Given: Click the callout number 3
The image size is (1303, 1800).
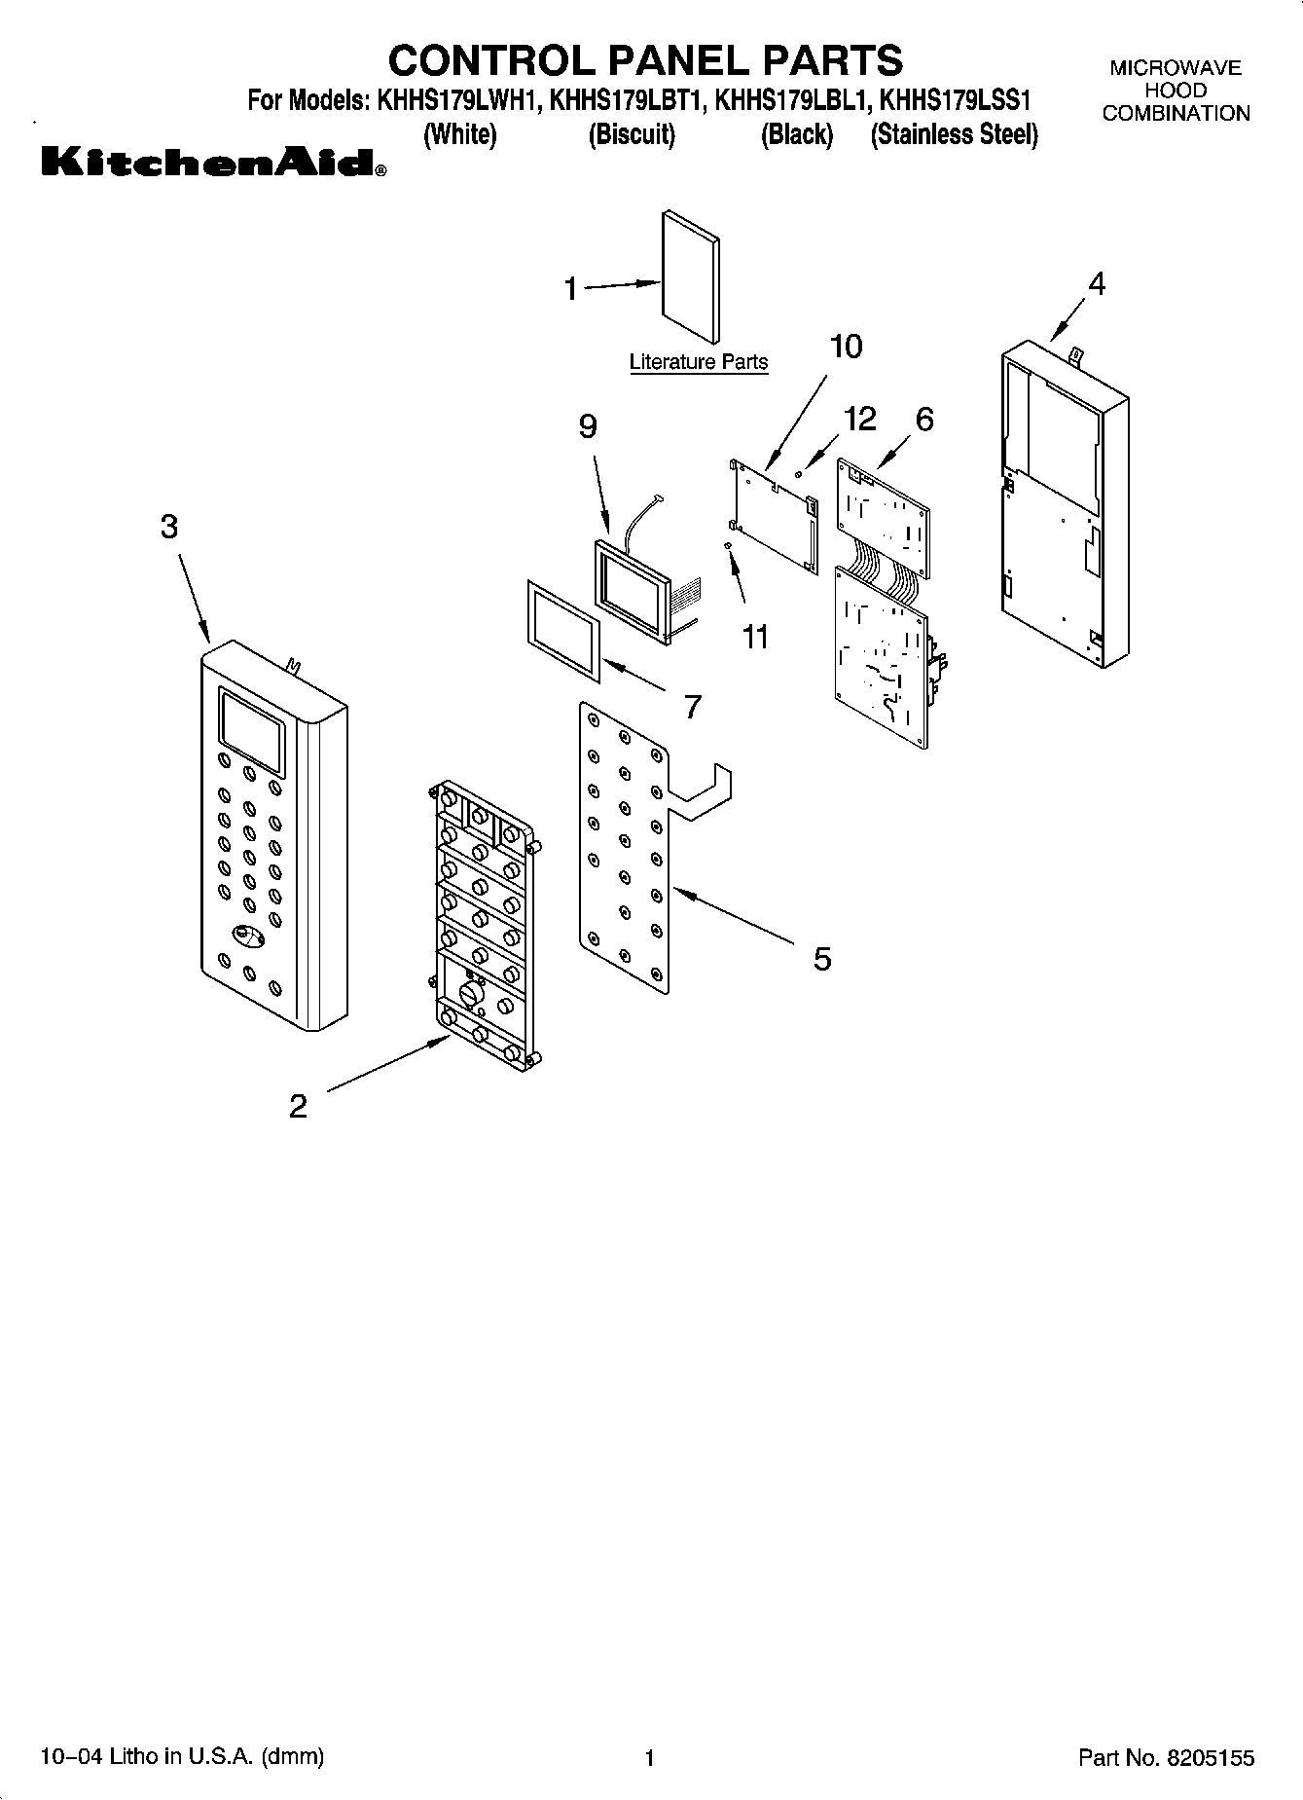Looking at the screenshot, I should point(169,528).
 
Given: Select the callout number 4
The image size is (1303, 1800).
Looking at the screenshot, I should point(1097,284).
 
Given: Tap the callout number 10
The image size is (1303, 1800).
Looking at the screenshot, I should point(846,347).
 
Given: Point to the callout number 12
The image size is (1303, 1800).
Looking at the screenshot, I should point(860,419).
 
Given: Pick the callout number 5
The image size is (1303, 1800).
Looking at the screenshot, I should point(822,959).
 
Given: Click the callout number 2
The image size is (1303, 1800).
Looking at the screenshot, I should point(299,1106).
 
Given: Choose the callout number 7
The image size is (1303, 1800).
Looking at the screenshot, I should point(692,707).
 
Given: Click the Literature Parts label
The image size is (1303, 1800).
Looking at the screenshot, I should point(698,362).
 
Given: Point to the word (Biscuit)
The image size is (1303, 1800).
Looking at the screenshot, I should point(632,134).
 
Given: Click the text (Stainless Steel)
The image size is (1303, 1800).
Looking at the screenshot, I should point(954,134).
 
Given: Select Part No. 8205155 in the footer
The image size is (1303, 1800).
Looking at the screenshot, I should point(1166,1757).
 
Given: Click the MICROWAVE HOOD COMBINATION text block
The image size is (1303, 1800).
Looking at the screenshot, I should point(1176,91).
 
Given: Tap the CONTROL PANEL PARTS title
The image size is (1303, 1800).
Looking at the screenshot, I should point(645,60).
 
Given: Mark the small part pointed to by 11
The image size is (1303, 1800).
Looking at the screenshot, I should point(728,548).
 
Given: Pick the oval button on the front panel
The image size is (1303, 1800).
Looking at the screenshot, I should point(248,936).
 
